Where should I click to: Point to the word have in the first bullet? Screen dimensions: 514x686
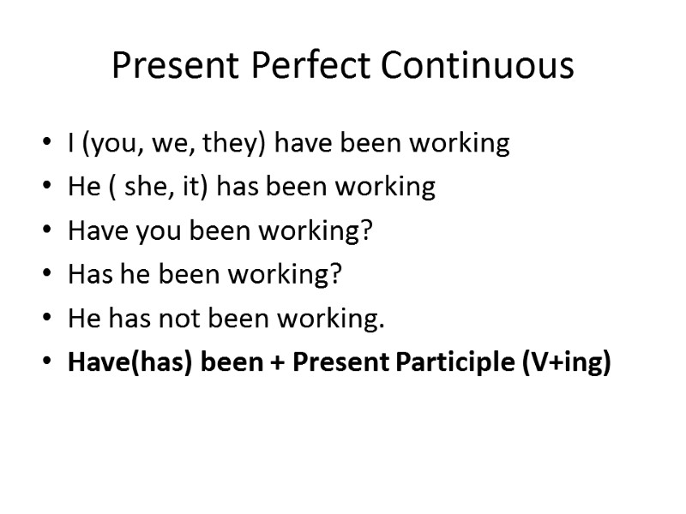[303, 142]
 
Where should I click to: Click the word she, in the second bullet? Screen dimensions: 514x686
[149, 187]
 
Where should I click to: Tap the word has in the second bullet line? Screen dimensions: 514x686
[238, 187]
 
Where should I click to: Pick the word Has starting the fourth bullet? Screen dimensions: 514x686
[86, 276]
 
